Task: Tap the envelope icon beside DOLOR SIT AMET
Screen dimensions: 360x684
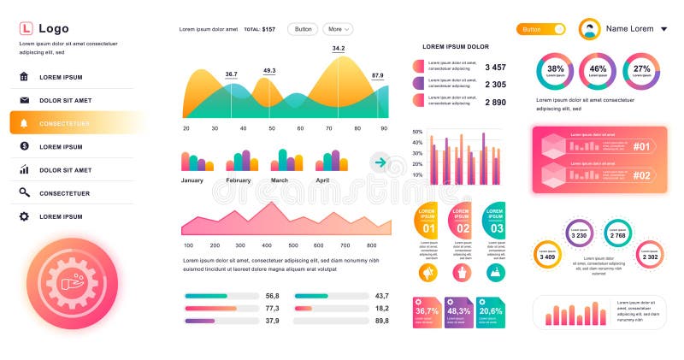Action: click(24, 100)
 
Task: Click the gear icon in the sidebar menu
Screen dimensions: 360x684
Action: click(24, 216)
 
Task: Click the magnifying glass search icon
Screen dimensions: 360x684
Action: click(24, 193)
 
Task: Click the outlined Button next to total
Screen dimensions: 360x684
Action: click(303, 29)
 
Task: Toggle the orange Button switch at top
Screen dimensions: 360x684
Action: click(541, 29)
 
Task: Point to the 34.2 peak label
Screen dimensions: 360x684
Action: click(339, 49)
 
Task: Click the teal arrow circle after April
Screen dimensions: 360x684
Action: click(380, 162)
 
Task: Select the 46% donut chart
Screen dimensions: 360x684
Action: click(598, 70)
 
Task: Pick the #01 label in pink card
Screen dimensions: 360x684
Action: click(642, 146)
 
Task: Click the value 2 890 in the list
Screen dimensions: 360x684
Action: click(495, 103)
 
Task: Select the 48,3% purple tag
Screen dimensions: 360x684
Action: click(459, 311)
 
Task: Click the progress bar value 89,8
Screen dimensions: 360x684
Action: click(381, 321)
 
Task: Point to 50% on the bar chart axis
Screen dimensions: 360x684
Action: click(417, 132)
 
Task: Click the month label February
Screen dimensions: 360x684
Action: click(238, 180)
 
